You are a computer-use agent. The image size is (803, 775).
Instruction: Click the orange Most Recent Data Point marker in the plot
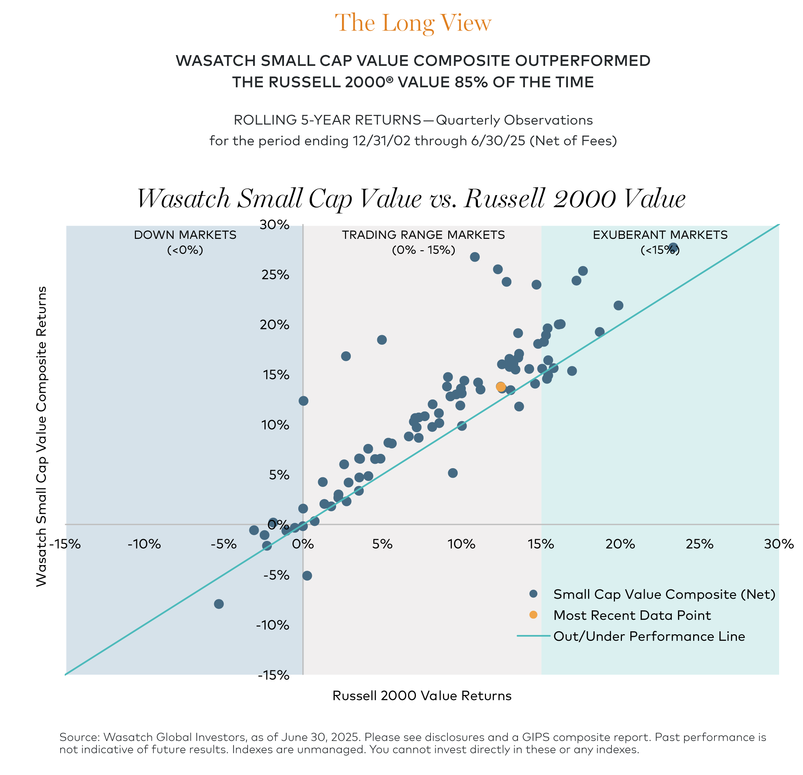[x=501, y=387]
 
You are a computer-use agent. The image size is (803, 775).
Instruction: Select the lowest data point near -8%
[x=219, y=604]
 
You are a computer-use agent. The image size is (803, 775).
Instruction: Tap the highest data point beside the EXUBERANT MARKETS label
[x=673, y=248]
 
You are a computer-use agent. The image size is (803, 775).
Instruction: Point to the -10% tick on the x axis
[x=144, y=544]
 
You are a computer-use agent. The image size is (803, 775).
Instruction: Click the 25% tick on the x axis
[x=699, y=544]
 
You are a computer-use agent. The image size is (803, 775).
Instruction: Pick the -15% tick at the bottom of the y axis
[x=273, y=675]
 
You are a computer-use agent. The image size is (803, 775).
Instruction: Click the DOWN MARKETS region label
[x=185, y=235]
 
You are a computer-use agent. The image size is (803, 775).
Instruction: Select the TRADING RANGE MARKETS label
[x=423, y=235]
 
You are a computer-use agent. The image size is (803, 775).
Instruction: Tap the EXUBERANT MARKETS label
[x=660, y=235]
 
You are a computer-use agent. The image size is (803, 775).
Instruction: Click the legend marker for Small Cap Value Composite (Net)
[x=533, y=594]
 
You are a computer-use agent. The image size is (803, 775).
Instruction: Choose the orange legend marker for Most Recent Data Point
[x=533, y=615]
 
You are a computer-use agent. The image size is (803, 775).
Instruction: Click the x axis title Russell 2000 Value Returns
[x=422, y=696]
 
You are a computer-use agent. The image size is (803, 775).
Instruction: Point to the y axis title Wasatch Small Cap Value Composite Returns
[x=42, y=436]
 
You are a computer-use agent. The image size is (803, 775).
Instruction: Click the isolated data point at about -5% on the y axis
[x=307, y=576]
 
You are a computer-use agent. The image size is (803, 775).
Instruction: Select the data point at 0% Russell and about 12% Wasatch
[x=303, y=401]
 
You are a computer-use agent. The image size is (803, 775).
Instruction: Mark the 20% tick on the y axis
[x=274, y=325]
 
